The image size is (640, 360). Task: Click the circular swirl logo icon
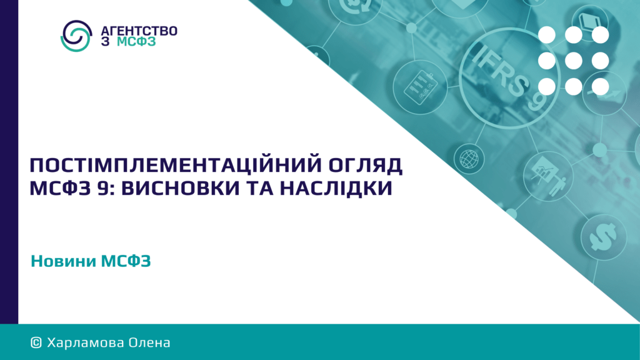click(x=76, y=36)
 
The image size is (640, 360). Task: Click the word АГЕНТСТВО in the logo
click(x=139, y=31)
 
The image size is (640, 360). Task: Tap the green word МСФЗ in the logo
click(x=136, y=42)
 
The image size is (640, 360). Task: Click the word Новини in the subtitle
click(x=63, y=261)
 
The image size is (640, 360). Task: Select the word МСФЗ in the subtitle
click(x=126, y=261)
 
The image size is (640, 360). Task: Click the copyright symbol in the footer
click(x=36, y=342)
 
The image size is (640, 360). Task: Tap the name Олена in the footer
click(x=149, y=342)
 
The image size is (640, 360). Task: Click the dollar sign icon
click(x=603, y=237)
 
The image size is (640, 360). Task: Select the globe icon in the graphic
click(x=469, y=159)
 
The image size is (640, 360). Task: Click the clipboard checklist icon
click(x=421, y=86)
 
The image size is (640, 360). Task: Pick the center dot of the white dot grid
click(x=574, y=61)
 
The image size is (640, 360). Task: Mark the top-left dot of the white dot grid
click(x=546, y=35)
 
